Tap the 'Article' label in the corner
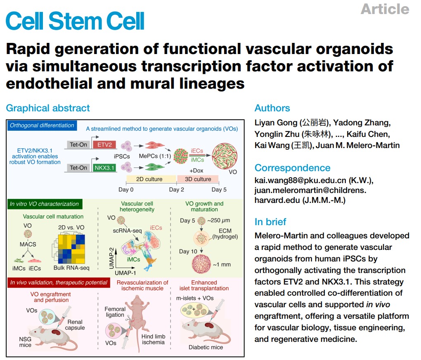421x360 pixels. tap(385, 9)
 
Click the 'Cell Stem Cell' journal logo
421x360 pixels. tap(75, 21)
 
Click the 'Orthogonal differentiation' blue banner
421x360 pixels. tap(42, 125)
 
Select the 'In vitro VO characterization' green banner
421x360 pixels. tap(45, 204)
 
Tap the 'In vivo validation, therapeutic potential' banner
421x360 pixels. tap(59, 282)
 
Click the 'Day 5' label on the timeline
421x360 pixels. tap(219, 190)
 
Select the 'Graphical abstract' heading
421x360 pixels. tap(48, 108)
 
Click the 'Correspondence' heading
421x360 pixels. tap(292, 168)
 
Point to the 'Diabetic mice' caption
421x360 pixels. tap(206, 347)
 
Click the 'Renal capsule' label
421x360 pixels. tap(75, 325)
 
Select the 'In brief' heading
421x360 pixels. tap(270, 222)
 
